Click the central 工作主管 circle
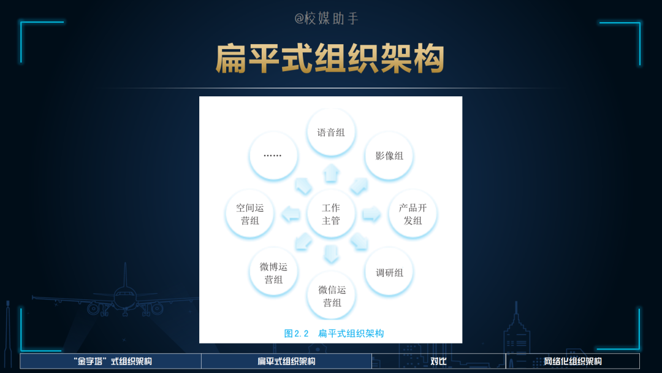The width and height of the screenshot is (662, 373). click(x=331, y=214)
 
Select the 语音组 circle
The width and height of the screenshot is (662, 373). click(x=331, y=133)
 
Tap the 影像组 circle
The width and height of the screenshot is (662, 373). click(x=389, y=156)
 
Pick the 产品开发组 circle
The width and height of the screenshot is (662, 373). click(x=413, y=214)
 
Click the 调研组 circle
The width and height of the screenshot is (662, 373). click(x=389, y=272)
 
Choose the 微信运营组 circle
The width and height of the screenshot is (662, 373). click(x=331, y=296)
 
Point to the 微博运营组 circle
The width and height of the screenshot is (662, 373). click(x=273, y=272)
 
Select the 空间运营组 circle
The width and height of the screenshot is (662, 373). click(x=249, y=214)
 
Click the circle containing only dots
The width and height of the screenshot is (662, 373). click(x=273, y=156)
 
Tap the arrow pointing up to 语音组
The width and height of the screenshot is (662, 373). click(x=331, y=173)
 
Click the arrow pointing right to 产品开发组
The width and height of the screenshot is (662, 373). click(x=371, y=214)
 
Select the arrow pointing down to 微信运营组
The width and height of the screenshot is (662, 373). click(x=331, y=254)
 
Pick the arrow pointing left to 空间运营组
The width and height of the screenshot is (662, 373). click(x=291, y=214)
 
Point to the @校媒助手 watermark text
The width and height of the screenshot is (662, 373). click(x=327, y=18)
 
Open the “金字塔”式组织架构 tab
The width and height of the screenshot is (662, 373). click(x=110, y=361)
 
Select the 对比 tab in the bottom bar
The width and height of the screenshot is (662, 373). click(x=438, y=361)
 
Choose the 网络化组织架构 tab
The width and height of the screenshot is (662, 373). click(x=573, y=361)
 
